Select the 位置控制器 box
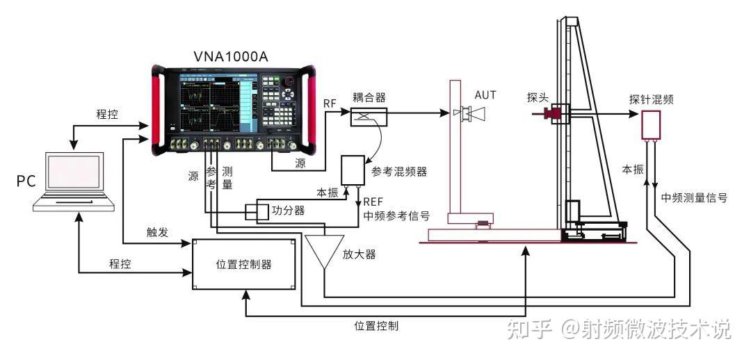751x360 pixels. tap(243, 264)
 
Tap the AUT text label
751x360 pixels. tap(486, 95)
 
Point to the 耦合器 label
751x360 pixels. tap(369, 97)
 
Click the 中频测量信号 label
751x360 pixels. tap(694, 197)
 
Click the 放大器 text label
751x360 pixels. tap(360, 254)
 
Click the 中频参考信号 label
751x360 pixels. tap(396, 215)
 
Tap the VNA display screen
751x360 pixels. tap(208, 104)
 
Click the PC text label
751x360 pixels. tap(26, 182)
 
